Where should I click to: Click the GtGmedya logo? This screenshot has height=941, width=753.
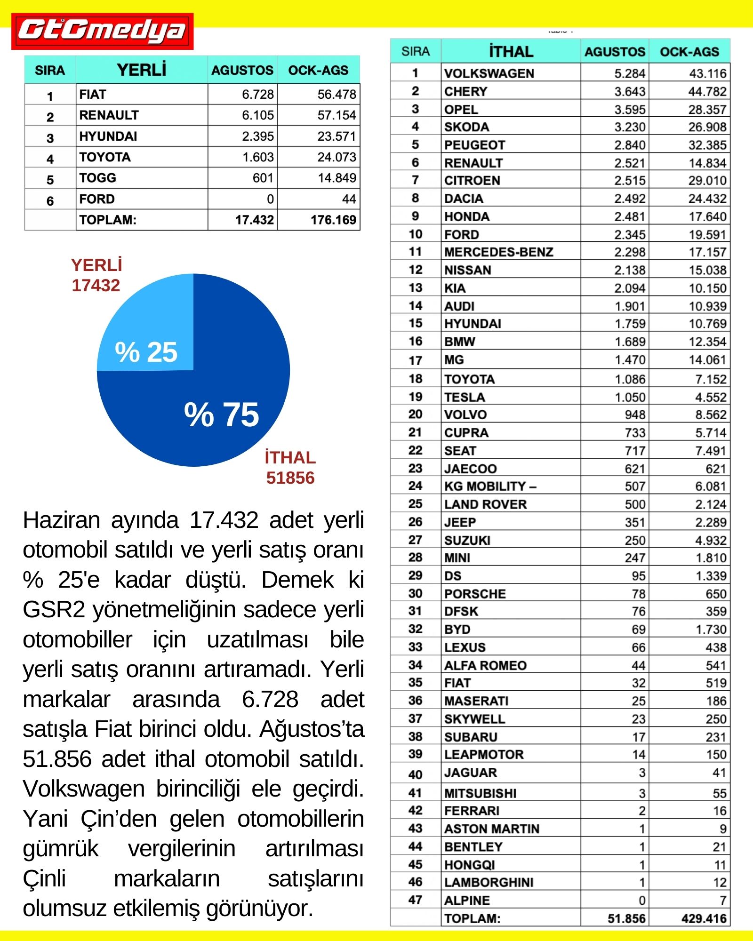(x=102, y=31)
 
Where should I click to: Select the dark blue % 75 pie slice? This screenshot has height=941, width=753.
(x=221, y=414)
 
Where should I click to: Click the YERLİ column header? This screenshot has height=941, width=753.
(x=142, y=70)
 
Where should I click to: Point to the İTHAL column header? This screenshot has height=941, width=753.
(x=511, y=51)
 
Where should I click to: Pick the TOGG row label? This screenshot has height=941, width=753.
(x=98, y=178)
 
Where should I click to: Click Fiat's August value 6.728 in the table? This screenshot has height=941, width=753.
(x=257, y=95)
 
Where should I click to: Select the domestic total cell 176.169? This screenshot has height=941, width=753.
(x=333, y=220)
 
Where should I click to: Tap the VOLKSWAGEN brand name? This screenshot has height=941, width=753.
(x=489, y=73)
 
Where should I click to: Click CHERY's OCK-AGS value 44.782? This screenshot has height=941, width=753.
(x=707, y=91)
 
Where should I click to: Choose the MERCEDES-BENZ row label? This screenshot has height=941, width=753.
(x=498, y=252)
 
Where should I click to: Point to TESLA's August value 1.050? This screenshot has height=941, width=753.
(x=630, y=397)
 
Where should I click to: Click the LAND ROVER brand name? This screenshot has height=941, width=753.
(x=485, y=504)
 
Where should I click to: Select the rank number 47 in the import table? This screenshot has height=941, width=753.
(x=415, y=900)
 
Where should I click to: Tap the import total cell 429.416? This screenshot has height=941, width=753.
(x=704, y=918)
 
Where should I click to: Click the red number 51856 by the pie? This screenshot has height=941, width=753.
(x=290, y=478)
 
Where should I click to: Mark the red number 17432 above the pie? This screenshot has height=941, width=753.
(x=96, y=286)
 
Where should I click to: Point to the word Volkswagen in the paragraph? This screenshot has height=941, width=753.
(x=83, y=789)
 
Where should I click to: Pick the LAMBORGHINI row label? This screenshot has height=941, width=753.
(x=489, y=882)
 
